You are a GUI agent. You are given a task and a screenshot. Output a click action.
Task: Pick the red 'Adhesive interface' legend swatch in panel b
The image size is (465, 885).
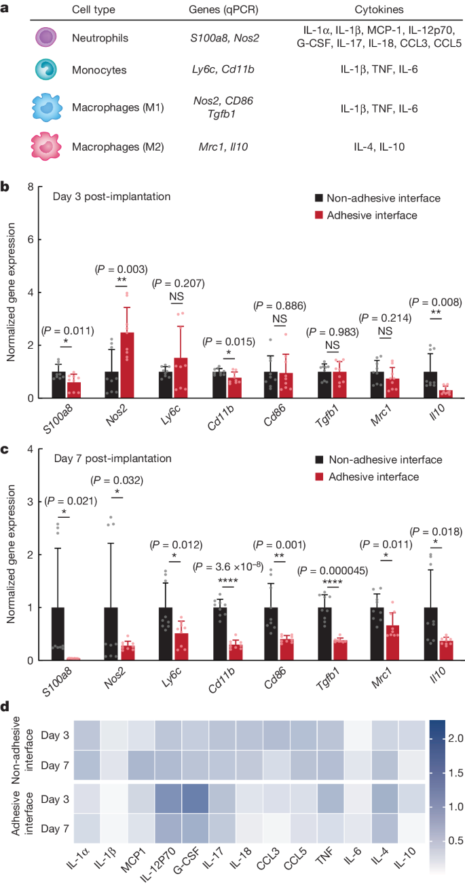pos(318,214)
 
